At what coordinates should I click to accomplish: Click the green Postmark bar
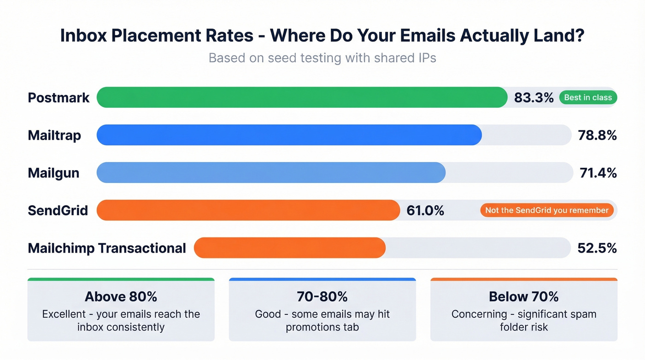(302, 97)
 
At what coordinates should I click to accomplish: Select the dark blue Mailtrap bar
(289, 135)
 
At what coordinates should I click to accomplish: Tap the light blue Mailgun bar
(271, 172)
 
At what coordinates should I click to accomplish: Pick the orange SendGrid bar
(248, 210)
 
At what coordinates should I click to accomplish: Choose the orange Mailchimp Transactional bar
(289, 248)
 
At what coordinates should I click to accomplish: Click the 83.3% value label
(533, 98)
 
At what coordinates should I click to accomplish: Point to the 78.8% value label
(597, 136)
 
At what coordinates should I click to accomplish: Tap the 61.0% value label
(425, 211)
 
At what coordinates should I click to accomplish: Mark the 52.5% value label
(597, 248)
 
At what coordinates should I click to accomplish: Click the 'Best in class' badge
(588, 98)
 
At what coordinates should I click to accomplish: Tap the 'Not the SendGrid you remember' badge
(547, 210)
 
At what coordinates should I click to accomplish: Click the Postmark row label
(59, 98)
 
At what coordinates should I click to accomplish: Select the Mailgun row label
(53, 173)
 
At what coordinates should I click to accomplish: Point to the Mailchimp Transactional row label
(107, 248)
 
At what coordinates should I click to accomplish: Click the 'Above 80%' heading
(121, 296)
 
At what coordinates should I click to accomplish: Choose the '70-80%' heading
(322, 296)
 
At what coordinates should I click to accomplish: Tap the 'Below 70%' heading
(523, 296)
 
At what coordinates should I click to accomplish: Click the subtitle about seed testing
(322, 58)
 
